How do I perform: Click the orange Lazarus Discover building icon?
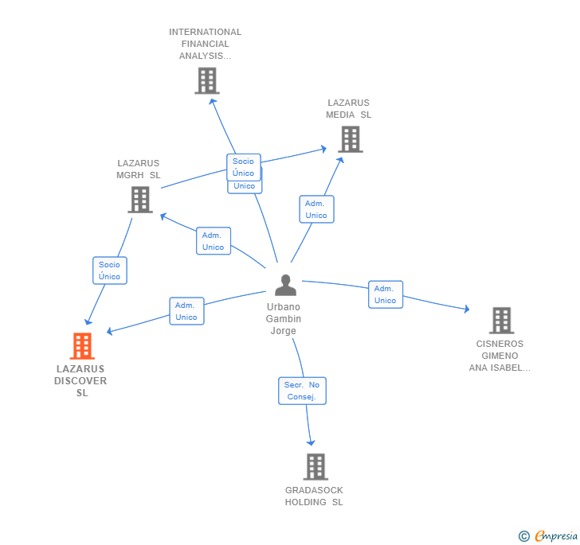[x=82, y=346]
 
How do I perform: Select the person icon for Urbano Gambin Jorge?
[x=285, y=285]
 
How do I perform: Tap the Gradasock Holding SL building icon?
[x=315, y=466]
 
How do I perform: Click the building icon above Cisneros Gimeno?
[x=501, y=320]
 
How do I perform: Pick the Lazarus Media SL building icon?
[x=350, y=139]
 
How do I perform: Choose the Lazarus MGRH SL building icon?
[x=140, y=200]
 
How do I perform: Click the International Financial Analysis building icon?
[x=206, y=80]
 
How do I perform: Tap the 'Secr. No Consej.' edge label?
[x=302, y=391]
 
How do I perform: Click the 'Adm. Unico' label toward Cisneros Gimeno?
[x=386, y=294]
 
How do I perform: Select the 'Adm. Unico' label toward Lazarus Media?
[x=316, y=209]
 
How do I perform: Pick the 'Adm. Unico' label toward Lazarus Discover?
[x=186, y=311]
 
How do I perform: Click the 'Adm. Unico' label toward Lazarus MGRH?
[x=214, y=241]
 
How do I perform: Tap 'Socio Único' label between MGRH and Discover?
[x=110, y=271]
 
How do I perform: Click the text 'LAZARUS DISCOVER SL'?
[x=81, y=381]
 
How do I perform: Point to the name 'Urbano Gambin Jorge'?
[x=284, y=319]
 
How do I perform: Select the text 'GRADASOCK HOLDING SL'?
[x=315, y=496]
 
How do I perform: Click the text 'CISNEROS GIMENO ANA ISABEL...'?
[x=500, y=356]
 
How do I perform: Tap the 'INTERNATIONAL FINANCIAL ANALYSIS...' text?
[x=205, y=44]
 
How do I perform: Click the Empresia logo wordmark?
[x=555, y=536]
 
